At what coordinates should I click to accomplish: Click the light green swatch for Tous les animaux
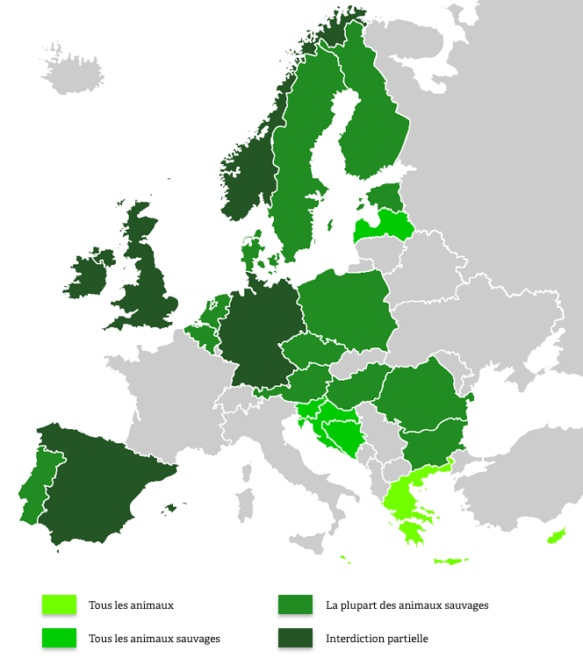[x=58, y=604]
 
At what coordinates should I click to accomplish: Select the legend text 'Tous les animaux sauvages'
[x=155, y=638]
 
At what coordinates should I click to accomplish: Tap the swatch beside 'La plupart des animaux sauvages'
[x=295, y=604]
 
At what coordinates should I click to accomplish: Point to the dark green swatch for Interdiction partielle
[x=295, y=638]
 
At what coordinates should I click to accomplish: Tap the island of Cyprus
[x=556, y=535]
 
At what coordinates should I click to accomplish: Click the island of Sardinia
[x=244, y=505]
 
